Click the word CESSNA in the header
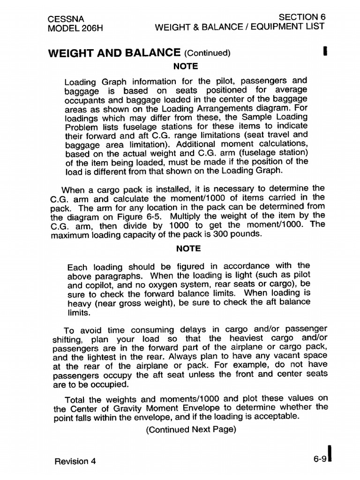pos(66,19)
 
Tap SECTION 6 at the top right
pos(302,17)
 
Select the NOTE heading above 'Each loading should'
pos(188,249)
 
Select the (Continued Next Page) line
pos(191,429)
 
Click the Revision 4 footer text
pos(75,461)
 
